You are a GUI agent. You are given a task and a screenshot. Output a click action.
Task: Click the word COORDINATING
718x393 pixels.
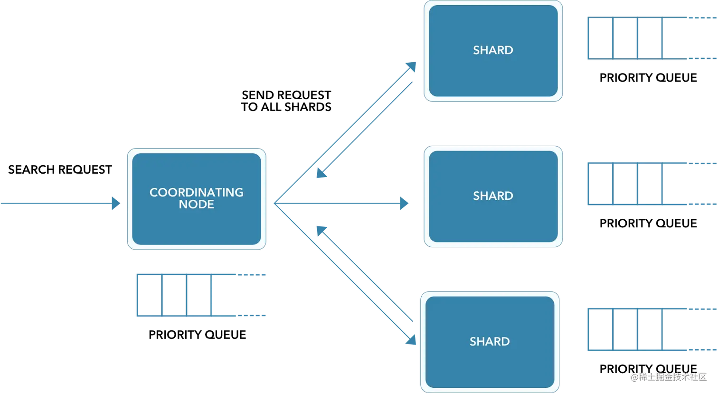[196, 192]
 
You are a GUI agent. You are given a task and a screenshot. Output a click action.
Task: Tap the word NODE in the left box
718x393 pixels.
[196, 205]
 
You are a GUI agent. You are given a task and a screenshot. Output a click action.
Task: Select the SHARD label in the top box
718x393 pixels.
[493, 50]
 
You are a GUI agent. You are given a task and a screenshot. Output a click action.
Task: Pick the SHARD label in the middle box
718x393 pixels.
[493, 196]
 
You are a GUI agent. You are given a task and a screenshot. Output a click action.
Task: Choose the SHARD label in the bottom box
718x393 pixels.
[490, 342]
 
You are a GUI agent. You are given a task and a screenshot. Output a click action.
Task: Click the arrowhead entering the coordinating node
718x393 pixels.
[116, 203]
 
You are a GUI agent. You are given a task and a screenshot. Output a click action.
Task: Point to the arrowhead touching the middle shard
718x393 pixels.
[405, 204]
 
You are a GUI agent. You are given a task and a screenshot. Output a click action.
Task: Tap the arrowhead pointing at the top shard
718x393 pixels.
[411, 67]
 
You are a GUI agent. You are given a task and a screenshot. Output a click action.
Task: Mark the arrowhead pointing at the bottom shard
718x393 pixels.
[411, 340]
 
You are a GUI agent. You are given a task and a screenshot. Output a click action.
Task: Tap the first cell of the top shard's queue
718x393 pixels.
[600, 38]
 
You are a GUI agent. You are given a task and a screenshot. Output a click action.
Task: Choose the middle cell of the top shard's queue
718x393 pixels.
[626, 38]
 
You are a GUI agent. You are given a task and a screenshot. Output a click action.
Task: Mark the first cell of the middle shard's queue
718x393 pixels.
[600, 184]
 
